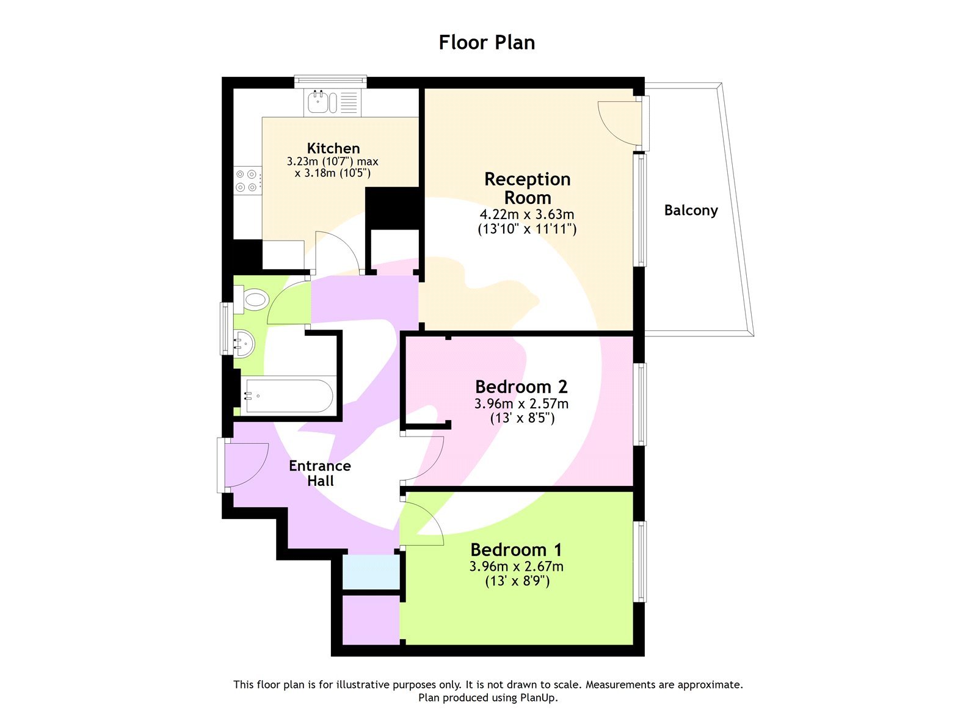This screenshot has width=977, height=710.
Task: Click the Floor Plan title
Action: [487, 43]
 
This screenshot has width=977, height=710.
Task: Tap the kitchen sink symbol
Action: [322, 102]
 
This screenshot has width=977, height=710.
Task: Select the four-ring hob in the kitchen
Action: [247, 181]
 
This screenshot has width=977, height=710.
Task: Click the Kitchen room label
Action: [333, 148]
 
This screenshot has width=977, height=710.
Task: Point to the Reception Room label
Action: [527, 188]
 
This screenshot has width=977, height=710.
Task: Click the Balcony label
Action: [691, 211]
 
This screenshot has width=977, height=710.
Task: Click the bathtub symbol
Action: [288, 396]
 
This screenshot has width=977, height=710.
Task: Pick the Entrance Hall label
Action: [320, 473]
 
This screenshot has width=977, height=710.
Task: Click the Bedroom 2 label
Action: [521, 386]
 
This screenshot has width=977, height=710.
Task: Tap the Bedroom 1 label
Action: [516, 549]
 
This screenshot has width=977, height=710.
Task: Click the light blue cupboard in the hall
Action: [371, 572]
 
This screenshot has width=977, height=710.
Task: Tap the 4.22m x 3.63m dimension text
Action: [526, 214]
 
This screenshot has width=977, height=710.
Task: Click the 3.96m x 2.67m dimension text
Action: [516, 567]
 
